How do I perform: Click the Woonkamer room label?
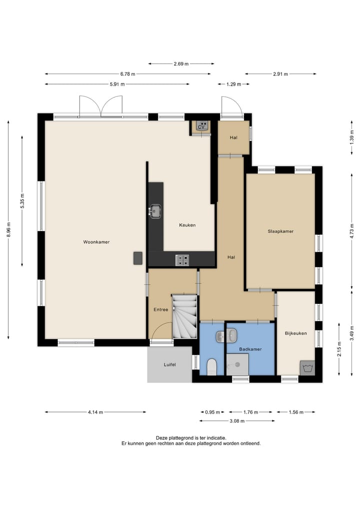(x=96, y=242)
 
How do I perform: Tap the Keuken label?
(x=187, y=225)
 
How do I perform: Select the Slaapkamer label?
(x=280, y=231)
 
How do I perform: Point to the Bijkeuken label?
(x=296, y=333)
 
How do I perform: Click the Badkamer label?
(x=250, y=349)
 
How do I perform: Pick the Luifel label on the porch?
(x=169, y=365)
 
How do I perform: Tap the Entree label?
(x=161, y=310)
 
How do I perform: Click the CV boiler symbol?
(x=201, y=126)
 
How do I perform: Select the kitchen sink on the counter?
(x=155, y=212)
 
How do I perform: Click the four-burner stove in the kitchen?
(x=182, y=260)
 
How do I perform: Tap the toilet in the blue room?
(x=211, y=367)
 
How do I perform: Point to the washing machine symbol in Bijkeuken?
(x=307, y=368)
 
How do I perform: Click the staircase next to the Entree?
(x=184, y=317)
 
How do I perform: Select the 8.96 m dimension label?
(x=9, y=230)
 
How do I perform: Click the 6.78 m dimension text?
(x=128, y=74)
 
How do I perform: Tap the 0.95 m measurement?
(x=212, y=412)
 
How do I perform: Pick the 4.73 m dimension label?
(x=352, y=231)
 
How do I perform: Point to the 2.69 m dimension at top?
(x=181, y=64)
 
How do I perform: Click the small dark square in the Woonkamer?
(x=138, y=258)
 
